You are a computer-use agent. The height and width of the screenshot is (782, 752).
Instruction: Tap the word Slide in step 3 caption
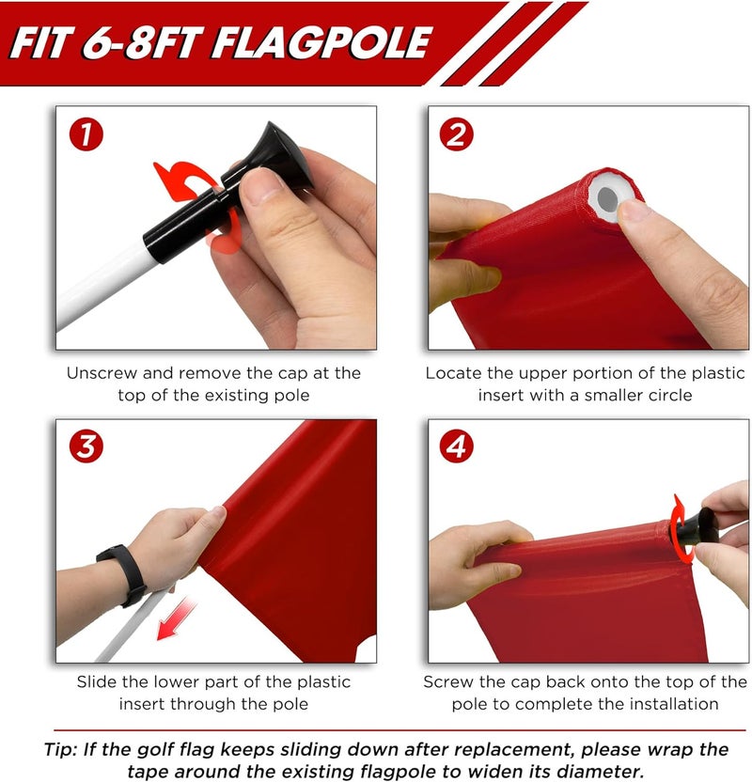(97, 681)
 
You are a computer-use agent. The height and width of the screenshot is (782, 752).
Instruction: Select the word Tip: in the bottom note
(66, 749)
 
